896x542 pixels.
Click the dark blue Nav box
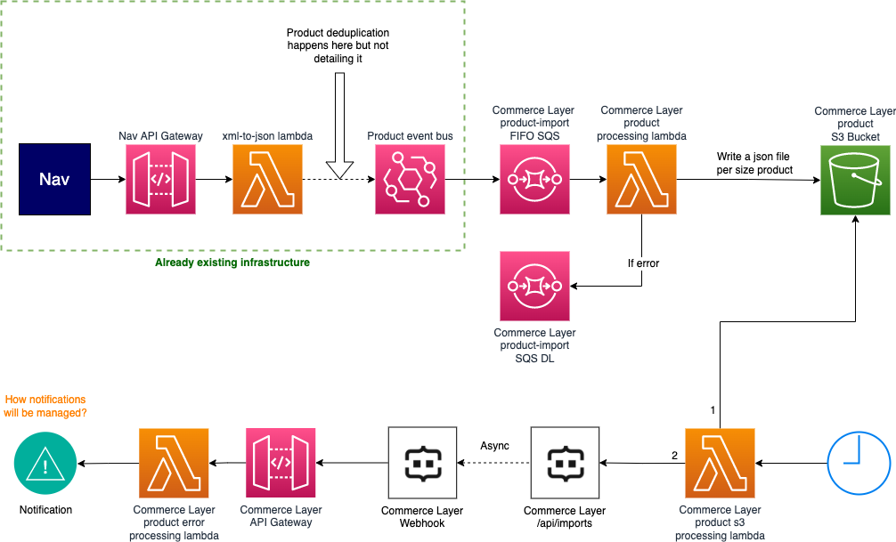pyautogui.click(x=54, y=179)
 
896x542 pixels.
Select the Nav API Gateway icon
pyautogui.click(x=160, y=180)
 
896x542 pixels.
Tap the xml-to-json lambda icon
pyautogui.click(x=266, y=180)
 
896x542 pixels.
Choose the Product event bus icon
pyautogui.click(x=410, y=180)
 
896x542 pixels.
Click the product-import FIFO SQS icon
pyautogui.click(x=534, y=180)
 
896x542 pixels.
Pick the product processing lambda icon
pyautogui.click(x=641, y=180)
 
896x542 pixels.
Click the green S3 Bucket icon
pyautogui.click(x=855, y=180)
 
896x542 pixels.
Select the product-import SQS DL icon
pyautogui.click(x=534, y=286)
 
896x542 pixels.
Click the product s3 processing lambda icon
pyautogui.click(x=720, y=463)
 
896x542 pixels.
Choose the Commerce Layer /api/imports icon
pyautogui.click(x=565, y=463)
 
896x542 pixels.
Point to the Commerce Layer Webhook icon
pyautogui.click(x=422, y=463)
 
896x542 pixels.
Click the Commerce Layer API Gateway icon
pyautogui.click(x=281, y=463)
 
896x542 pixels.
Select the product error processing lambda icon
pyautogui.click(x=173, y=463)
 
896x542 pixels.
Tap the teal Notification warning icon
pyautogui.click(x=45, y=463)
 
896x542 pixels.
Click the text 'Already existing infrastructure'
pyautogui.click(x=232, y=263)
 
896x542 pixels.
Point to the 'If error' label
pyautogui.click(x=643, y=263)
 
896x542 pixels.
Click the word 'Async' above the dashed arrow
pyautogui.click(x=494, y=445)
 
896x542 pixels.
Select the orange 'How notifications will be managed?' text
pyautogui.click(x=45, y=407)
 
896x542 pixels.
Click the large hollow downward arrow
pyautogui.click(x=339, y=125)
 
